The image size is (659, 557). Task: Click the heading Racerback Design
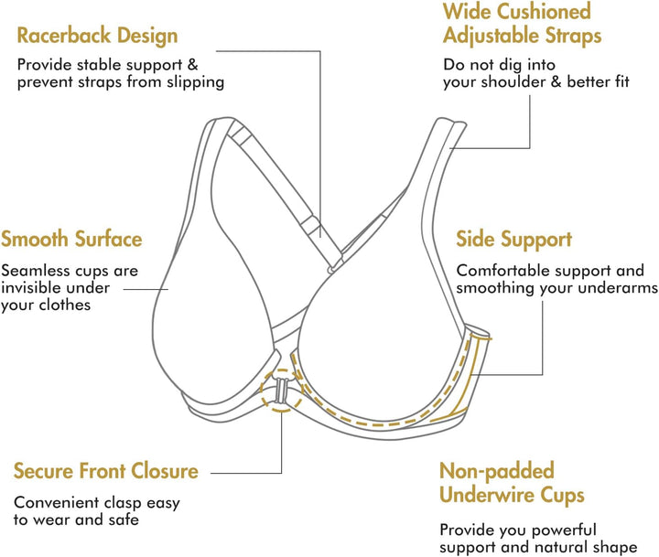[97, 37]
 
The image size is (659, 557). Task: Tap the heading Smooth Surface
[71, 240]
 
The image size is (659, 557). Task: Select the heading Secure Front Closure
[105, 472]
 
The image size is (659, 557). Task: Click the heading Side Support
[513, 240]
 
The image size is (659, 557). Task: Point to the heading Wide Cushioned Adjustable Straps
[522, 24]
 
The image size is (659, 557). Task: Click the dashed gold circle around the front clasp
[280, 391]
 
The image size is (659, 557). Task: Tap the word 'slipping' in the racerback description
[193, 82]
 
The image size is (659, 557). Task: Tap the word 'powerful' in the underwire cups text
[565, 530]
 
